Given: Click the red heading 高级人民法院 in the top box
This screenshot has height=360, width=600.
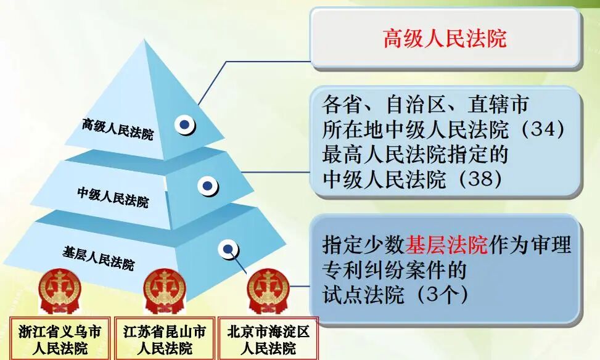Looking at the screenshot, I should [444, 39].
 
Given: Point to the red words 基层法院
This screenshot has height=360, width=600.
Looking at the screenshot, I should [446, 245].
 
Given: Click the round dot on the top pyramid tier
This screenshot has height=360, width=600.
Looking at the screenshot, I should [184, 125].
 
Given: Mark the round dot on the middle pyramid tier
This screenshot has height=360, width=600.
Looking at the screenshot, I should [207, 185].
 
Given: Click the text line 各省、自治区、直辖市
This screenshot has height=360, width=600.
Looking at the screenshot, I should [425, 105].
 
